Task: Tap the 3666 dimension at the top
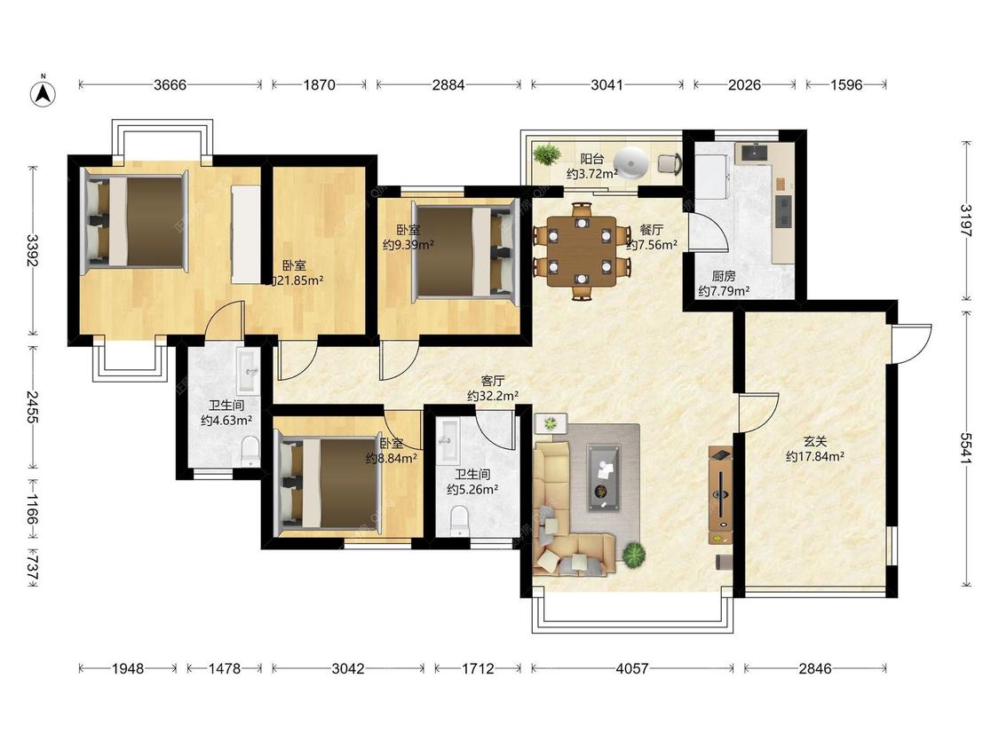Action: (x=170, y=84)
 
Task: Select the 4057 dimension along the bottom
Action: (x=632, y=669)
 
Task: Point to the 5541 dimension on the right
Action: (x=967, y=448)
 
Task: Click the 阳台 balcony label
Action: (x=591, y=159)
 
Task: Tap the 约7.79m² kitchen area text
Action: (x=724, y=292)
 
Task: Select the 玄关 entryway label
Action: (x=815, y=441)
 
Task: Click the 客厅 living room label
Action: (x=493, y=381)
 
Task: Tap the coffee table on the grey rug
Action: (x=603, y=477)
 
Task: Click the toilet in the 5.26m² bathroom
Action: (x=459, y=520)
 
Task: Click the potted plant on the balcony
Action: (x=546, y=154)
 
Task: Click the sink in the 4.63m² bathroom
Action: (x=247, y=371)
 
